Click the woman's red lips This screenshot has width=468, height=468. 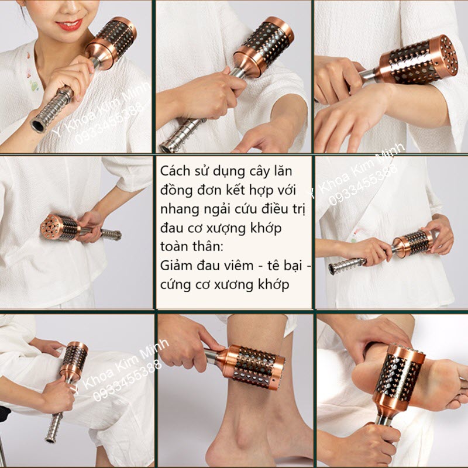69,24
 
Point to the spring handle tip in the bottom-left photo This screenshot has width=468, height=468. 49,439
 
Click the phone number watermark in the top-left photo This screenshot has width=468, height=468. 109,123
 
